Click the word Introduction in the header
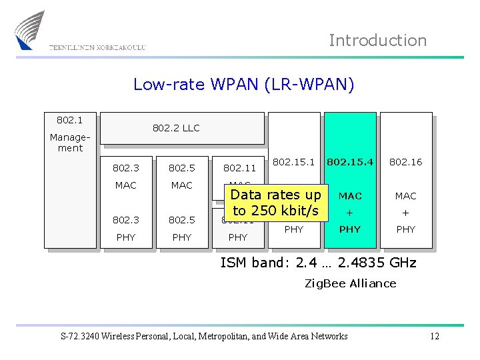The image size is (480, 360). (377, 41)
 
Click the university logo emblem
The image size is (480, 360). (30, 30)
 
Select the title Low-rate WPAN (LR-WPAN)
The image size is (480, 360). (244, 84)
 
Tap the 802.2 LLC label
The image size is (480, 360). (176, 128)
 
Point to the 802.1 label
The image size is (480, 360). (69, 120)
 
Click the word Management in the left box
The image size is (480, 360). (70, 143)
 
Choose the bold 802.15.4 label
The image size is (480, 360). (350, 161)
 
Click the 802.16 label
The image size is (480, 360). (405, 162)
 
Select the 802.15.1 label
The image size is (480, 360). (294, 161)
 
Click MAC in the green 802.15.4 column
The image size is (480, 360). (350, 196)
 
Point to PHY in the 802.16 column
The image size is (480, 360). (405, 229)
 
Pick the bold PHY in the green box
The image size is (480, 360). (350, 229)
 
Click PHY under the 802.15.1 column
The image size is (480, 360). (294, 229)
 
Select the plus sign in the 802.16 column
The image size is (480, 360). (405, 213)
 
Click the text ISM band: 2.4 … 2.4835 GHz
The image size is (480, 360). (318, 263)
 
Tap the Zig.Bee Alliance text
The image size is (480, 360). (350, 283)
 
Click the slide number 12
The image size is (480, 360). (434, 336)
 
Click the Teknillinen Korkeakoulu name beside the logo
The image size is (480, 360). (97, 47)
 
